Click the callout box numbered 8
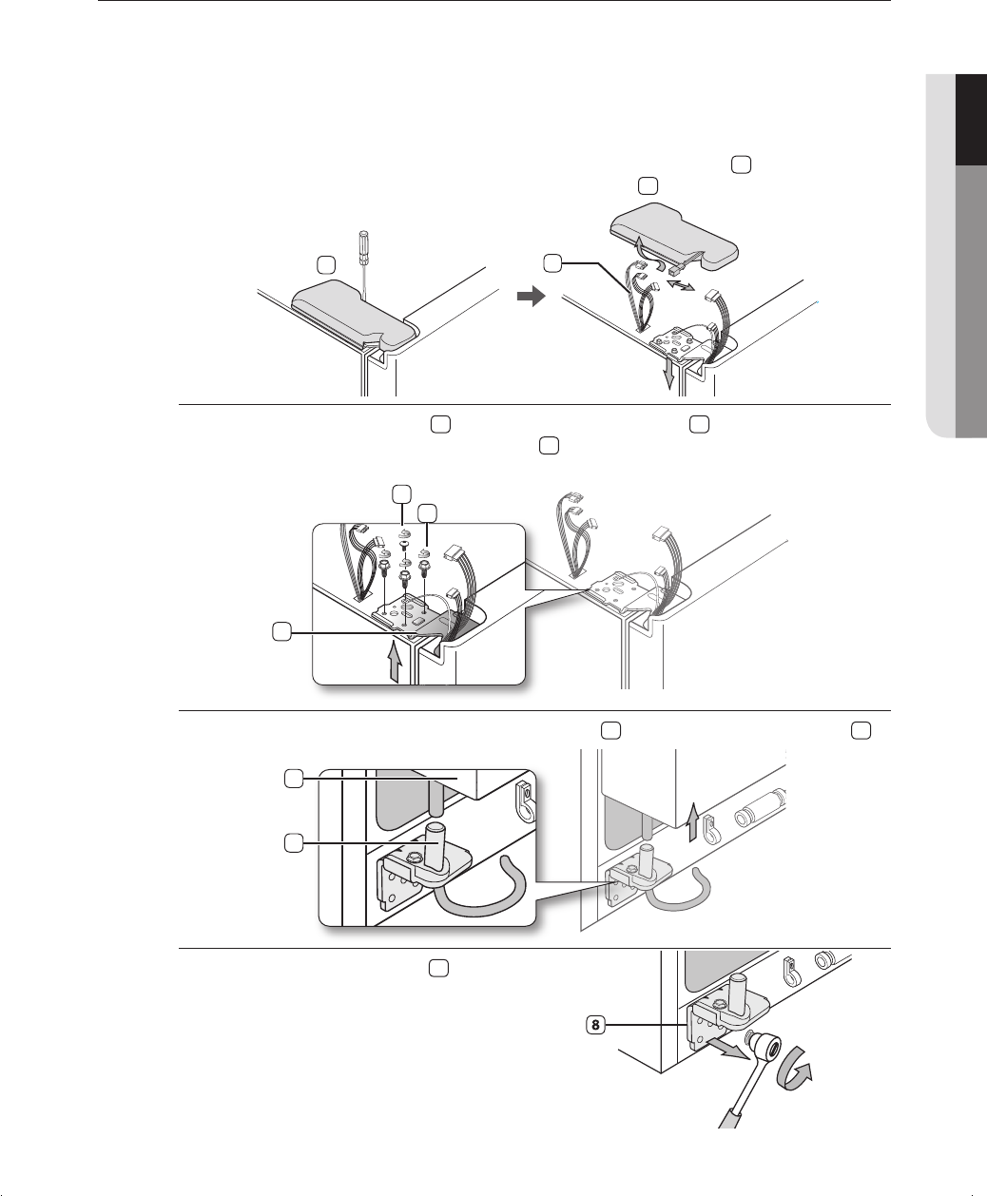tap(595, 1024)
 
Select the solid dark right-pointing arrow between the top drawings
tap(531, 296)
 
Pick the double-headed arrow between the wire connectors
tap(681, 284)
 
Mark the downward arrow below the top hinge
tap(668, 375)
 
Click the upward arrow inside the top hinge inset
tap(395, 661)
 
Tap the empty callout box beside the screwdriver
tap(326, 264)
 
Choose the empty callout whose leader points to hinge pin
tap(294, 843)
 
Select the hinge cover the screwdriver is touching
tap(356, 314)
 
